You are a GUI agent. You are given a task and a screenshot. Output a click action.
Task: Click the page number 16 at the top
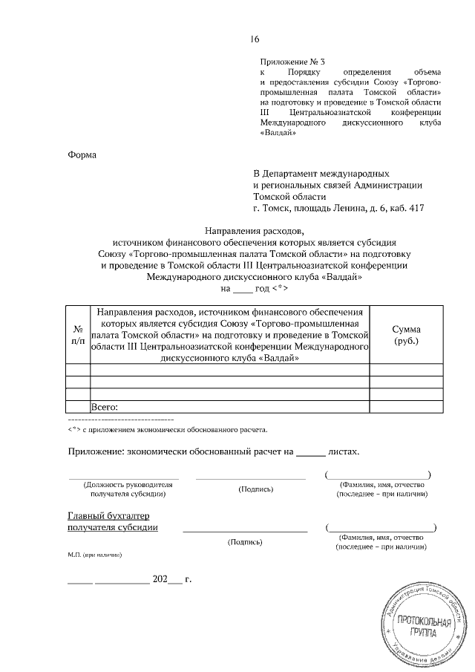coord(255,39)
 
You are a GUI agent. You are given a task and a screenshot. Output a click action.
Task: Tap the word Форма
coord(82,155)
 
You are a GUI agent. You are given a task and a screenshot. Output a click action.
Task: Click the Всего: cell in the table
coord(105,406)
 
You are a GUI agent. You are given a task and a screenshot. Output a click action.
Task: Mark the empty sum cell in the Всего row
coord(406,406)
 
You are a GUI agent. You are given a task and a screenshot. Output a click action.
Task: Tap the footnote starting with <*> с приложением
coord(168,429)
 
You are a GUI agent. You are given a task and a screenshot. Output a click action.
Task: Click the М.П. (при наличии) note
coord(94,555)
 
